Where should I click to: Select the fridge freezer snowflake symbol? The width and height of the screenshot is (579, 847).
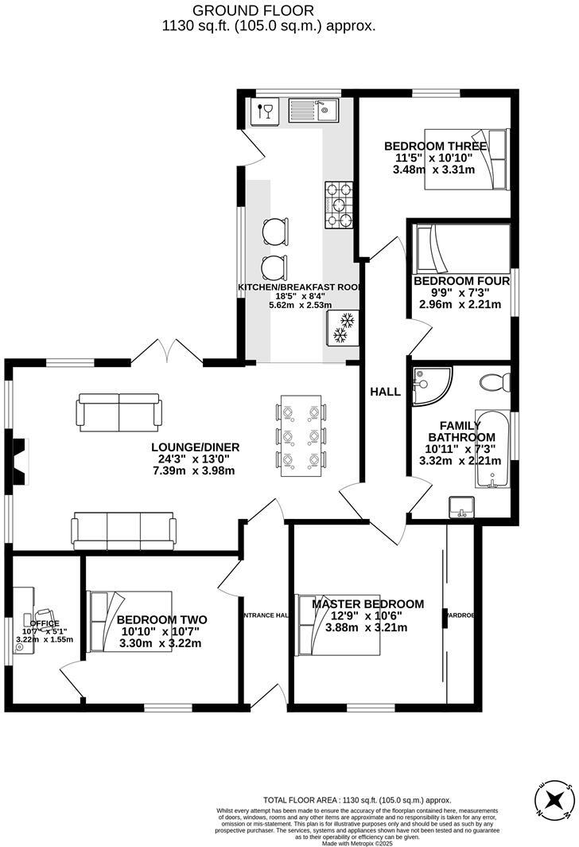click(x=344, y=329)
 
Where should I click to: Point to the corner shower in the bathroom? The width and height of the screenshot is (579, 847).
click(x=431, y=384)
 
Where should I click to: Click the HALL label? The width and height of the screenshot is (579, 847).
click(x=385, y=392)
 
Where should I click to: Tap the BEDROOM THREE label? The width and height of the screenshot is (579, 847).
click(x=435, y=146)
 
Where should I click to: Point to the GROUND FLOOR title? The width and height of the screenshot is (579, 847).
click(x=253, y=10)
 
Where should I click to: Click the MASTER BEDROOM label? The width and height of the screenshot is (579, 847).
click(x=367, y=604)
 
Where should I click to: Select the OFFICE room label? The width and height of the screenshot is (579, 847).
click(x=45, y=623)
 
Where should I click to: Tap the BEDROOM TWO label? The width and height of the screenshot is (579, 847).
click(x=161, y=620)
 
